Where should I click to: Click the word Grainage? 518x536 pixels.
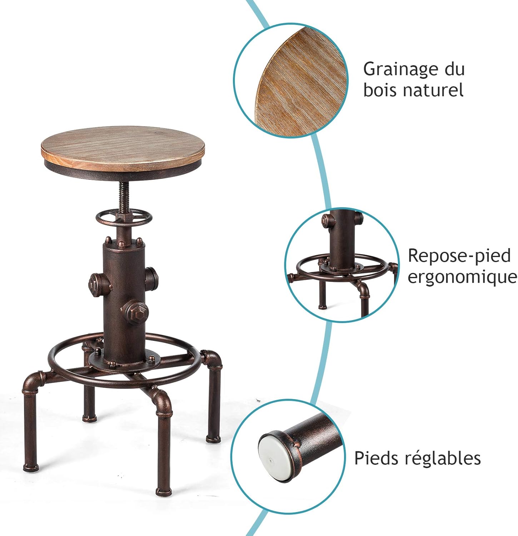coord(401,70)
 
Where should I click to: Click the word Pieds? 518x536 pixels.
coord(376,458)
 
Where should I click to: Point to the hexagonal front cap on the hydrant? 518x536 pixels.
coord(136,312)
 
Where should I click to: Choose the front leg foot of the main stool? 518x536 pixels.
coord(163,491)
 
